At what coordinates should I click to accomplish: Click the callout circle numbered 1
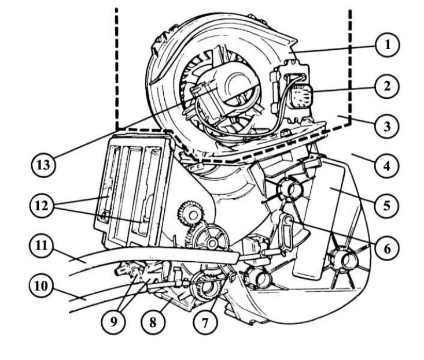pyautogui.click(x=386, y=45)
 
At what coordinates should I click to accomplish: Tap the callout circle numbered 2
pyautogui.click(x=386, y=87)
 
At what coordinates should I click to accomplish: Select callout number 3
pyautogui.click(x=386, y=126)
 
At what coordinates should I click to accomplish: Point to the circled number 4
pyautogui.click(x=386, y=166)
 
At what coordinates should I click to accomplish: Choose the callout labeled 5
pyautogui.click(x=386, y=205)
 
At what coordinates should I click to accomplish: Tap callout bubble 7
pyautogui.click(x=205, y=322)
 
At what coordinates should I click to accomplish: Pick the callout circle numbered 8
pyautogui.click(x=153, y=322)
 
